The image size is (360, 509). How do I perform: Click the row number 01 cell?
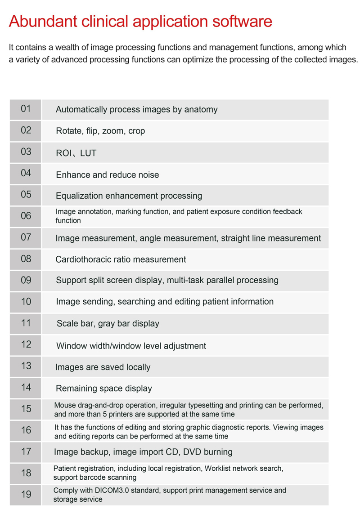coord(26,109)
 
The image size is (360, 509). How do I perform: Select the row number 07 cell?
coord(26,237)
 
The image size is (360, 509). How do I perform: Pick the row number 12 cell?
coord(26,344)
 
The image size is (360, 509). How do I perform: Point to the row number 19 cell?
coord(26,494)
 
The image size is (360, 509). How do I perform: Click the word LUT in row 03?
coord(88,153)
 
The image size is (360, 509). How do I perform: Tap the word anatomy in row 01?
coord(201,109)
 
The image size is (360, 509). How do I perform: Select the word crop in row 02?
coord(136,131)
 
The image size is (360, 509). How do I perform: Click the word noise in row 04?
coord(148,174)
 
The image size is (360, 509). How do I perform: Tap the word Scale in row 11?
coord(67,323)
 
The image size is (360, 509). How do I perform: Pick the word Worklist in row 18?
coord(221,469)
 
